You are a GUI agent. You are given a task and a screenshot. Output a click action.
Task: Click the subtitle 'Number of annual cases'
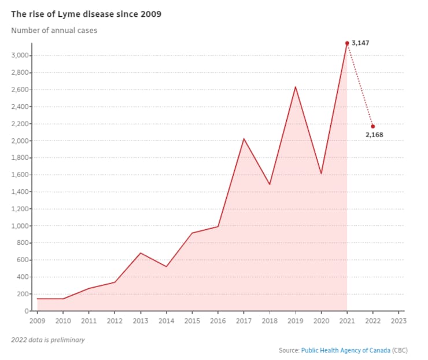(54, 30)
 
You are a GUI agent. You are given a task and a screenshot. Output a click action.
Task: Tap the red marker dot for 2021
(347, 43)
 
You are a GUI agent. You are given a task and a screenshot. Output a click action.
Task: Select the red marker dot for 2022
(372, 126)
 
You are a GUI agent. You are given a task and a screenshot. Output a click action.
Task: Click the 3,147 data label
(361, 43)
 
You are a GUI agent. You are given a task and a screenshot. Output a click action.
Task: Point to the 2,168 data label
(374, 135)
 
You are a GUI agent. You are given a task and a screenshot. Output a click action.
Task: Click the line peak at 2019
(296, 87)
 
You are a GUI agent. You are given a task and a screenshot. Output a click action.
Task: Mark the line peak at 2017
(243, 139)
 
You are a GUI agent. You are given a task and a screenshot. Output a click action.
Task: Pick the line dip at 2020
(321, 173)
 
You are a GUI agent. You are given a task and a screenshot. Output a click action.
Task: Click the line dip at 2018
(270, 184)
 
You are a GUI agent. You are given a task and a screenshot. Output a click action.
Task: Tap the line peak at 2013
(141, 253)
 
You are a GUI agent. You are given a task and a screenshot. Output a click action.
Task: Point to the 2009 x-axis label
(37, 319)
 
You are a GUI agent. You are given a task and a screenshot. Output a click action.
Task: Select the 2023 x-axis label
(398, 319)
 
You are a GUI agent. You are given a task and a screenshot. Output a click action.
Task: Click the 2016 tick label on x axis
(218, 319)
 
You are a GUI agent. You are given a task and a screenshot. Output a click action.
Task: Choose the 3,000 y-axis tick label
(21, 56)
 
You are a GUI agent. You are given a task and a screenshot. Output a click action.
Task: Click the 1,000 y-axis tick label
(21, 226)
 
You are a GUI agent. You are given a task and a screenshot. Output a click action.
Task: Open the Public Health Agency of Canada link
(345, 350)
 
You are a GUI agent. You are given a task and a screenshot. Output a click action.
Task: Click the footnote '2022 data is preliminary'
(47, 340)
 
